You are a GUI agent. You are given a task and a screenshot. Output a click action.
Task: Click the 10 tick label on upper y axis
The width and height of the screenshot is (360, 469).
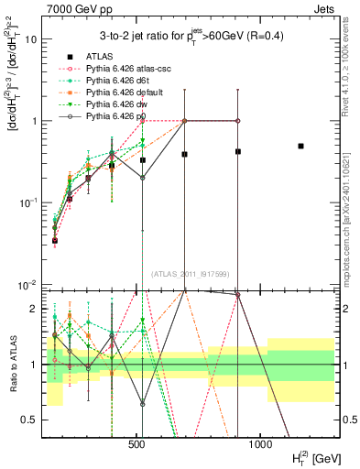(x=30, y=39)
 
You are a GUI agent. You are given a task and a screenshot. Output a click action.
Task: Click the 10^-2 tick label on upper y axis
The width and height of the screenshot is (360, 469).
(x=27, y=284)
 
